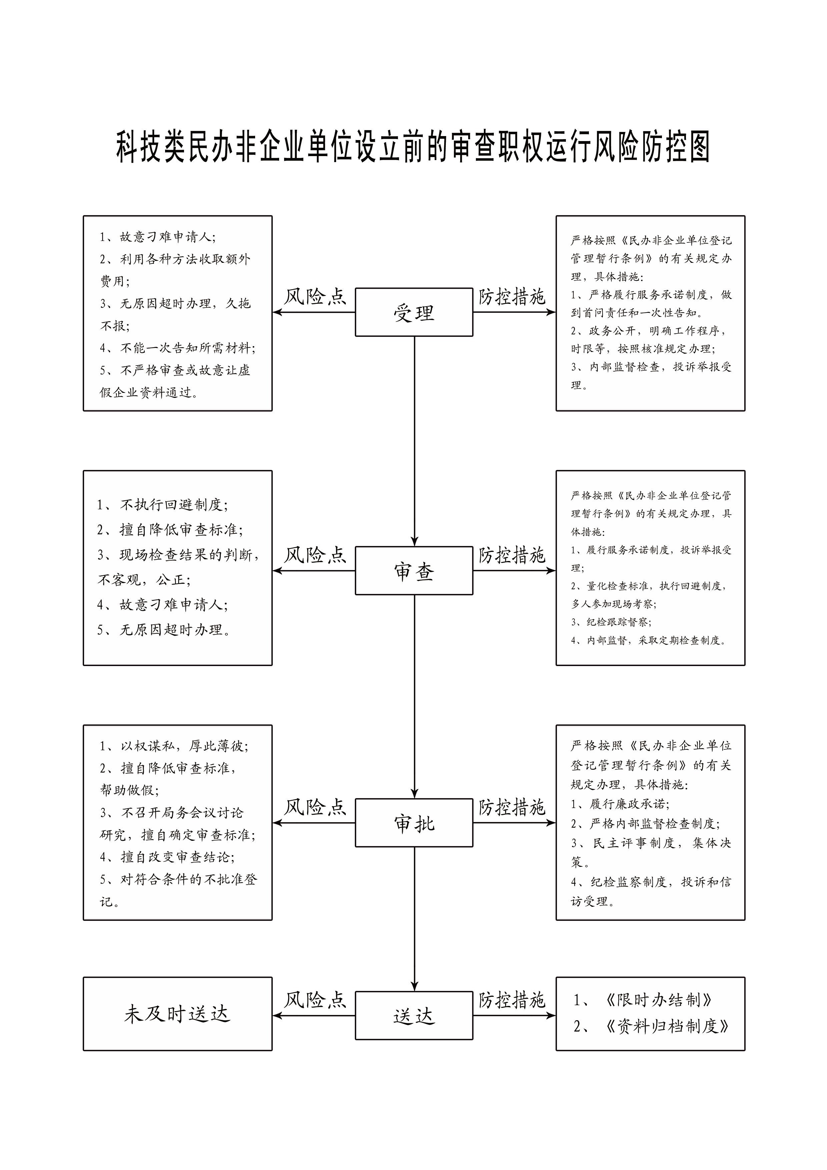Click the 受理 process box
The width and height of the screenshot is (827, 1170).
(x=414, y=312)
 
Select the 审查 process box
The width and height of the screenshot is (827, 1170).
(x=414, y=571)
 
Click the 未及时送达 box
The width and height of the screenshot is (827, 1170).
(x=177, y=1014)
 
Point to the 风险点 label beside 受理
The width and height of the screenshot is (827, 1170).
(x=315, y=297)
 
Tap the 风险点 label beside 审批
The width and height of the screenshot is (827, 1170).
(x=315, y=807)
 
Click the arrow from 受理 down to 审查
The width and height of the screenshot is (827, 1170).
(x=414, y=441)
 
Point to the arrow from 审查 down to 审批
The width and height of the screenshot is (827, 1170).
(x=414, y=697)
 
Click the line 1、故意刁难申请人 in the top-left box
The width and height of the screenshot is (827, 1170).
(x=157, y=237)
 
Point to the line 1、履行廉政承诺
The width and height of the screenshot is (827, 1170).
(x=620, y=804)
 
